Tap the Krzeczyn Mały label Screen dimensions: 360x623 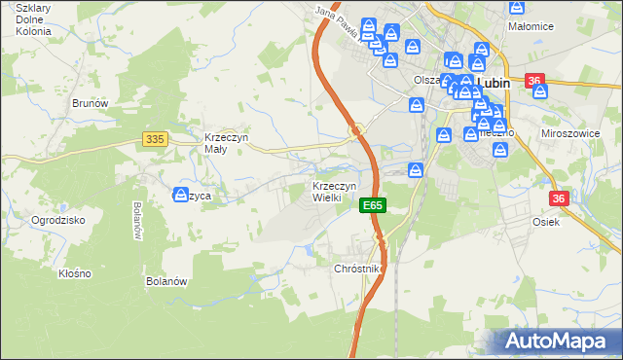pos(227,144)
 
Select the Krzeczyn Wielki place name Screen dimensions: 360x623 pos(334,192)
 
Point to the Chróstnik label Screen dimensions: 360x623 pos(360,268)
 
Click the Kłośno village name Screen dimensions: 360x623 pos(74,273)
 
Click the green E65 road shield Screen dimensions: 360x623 pos(373,206)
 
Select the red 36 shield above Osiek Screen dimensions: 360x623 pos(559,198)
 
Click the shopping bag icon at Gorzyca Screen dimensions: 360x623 pos(180,195)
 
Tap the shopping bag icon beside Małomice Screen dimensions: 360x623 pos(518,8)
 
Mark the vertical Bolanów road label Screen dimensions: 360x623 pos(136,222)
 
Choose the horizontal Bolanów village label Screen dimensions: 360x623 pos(165,282)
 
